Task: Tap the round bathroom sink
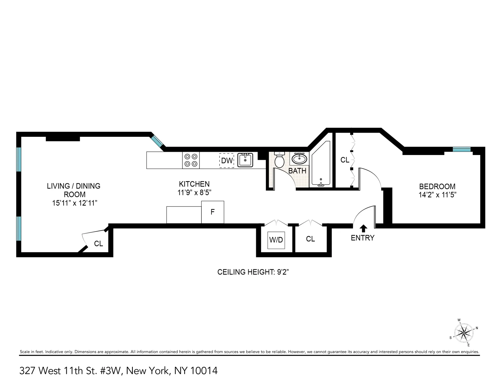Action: click(x=299, y=159)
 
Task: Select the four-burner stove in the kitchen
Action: click(x=191, y=160)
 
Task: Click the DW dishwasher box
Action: click(x=227, y=160)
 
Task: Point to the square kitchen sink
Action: click(x=245, y=160)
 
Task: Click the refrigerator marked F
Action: click(x=213, y=212)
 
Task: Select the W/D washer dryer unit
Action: click(x=276, y=240)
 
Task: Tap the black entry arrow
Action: click(x=363, y=228)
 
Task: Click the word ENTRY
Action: click(x=363, y=238)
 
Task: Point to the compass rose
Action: click(x=464, y=333)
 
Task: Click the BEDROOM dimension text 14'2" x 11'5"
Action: click(x=437, y=195)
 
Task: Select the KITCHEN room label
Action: click(x=194, y=184)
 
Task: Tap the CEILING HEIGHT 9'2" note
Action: click(x=253, y=272)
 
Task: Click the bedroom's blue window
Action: click(x=462, y=149)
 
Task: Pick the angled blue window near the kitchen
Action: click(x=157, y=141)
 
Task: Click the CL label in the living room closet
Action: click(x=99, y=244)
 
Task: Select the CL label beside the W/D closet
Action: click(x=310, y=239)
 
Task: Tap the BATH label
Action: click(x=297, y=171)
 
